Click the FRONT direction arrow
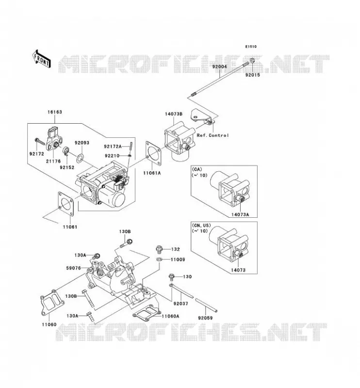[41, 59]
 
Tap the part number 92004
[219, 66]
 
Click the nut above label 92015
[252, 60]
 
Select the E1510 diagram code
[251, 47]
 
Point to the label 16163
[55, 112]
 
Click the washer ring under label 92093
[80, 158]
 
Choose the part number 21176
[53, 162]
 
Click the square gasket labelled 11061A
[154, 153]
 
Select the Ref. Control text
[213, 135]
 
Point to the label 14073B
[174, 114]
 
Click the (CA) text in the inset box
[197, 169]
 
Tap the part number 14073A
[240, 214]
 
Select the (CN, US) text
[201, 226]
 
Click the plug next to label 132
[159, 249]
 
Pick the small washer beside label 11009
[159, 259]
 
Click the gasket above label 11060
[52, 303]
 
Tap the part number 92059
[205, 318]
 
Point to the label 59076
[74, 268]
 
